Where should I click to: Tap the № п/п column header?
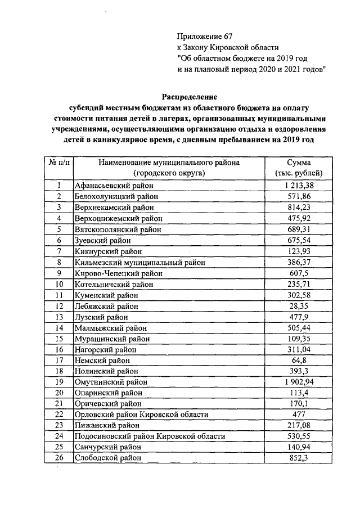[58, 163]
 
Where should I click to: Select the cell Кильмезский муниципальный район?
[139, 262]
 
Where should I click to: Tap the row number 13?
[58, 317]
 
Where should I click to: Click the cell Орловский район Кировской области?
[141, 415]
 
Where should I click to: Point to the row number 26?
[58, 458]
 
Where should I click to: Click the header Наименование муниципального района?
[169, 163]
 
